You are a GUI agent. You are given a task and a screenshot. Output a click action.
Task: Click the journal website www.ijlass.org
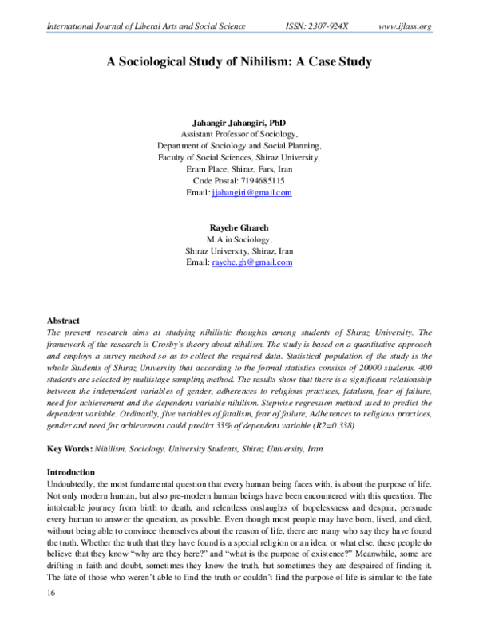[x=405, y=26]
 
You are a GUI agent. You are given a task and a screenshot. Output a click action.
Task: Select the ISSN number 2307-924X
[x=322, y=26]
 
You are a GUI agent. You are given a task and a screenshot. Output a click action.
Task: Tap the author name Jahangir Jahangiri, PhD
[x=239, y=124]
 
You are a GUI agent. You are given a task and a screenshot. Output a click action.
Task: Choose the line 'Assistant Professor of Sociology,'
[x=239, y=136]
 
